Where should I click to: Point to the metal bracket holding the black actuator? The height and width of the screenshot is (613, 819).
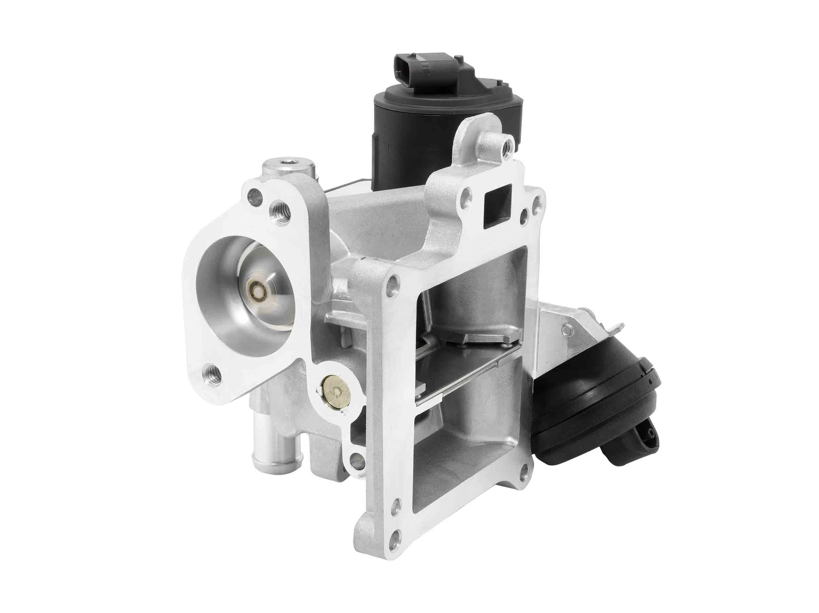pos(555,326)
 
